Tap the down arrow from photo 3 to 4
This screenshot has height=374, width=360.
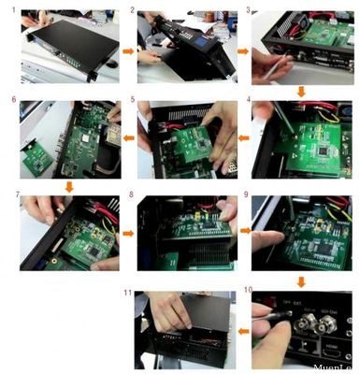pyautogui.click(x=300, y=91)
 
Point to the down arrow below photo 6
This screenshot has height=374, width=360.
pyautogui.click(x=67, y=187)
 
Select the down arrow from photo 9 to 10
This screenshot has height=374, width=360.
pyautogui.click(x=300, y=279)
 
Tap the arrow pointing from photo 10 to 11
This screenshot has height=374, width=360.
pyautogui.click(x=241, y=329)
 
